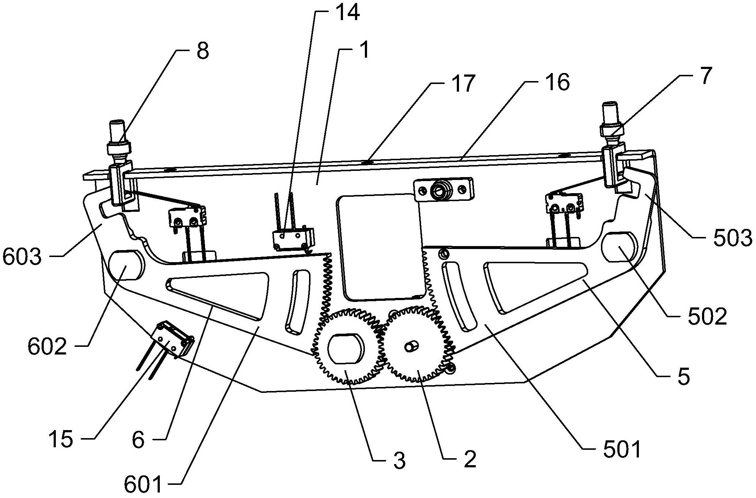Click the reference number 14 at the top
tap(347, 12)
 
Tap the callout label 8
tap(202, 51)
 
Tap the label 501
tap(622, 450)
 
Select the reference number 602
tap(47, 347)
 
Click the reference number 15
tap(61, 439)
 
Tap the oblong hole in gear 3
tap(346, 349)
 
